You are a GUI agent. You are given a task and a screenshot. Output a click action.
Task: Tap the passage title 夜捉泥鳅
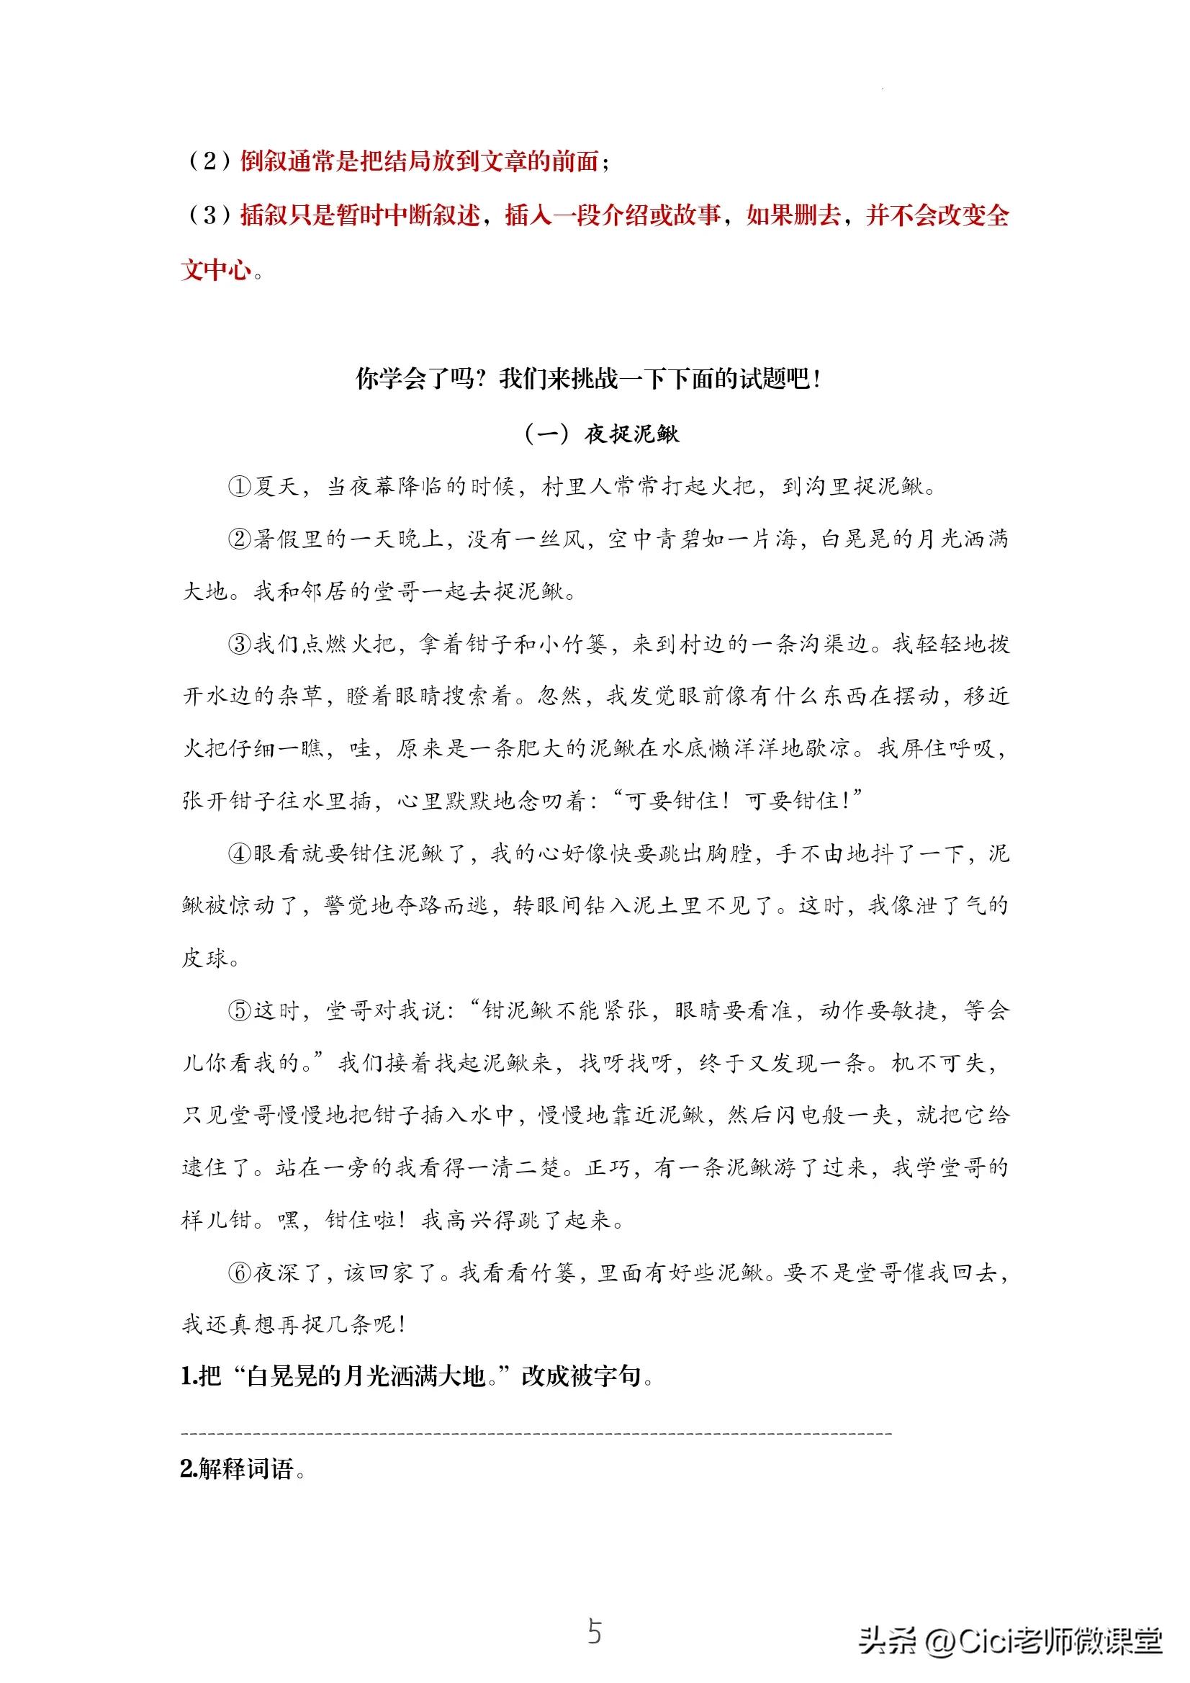pyautogui.click(x=631, y=434)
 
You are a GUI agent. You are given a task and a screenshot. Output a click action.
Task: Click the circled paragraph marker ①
pyautogui.click(x=240, y=487)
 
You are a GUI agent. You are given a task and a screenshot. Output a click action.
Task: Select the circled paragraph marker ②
pyautogui.click(x=240, y=539)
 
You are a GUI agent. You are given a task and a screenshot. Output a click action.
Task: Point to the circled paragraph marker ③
pyautogui.click(x=240, y=645)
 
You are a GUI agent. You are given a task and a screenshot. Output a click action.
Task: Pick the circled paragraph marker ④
pyautogui.click(x=240, y=854)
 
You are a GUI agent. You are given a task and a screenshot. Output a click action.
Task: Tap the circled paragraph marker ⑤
pyautogui.click(x=240, y=1011)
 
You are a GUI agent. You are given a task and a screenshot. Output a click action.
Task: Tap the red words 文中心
pyautogui.click(x=216, y=270)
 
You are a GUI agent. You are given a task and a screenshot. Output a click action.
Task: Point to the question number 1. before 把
pyautogui.click(x=189, y=1377)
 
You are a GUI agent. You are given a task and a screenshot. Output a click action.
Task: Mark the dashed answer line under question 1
pyautogui.click(x=535, y=1432)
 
